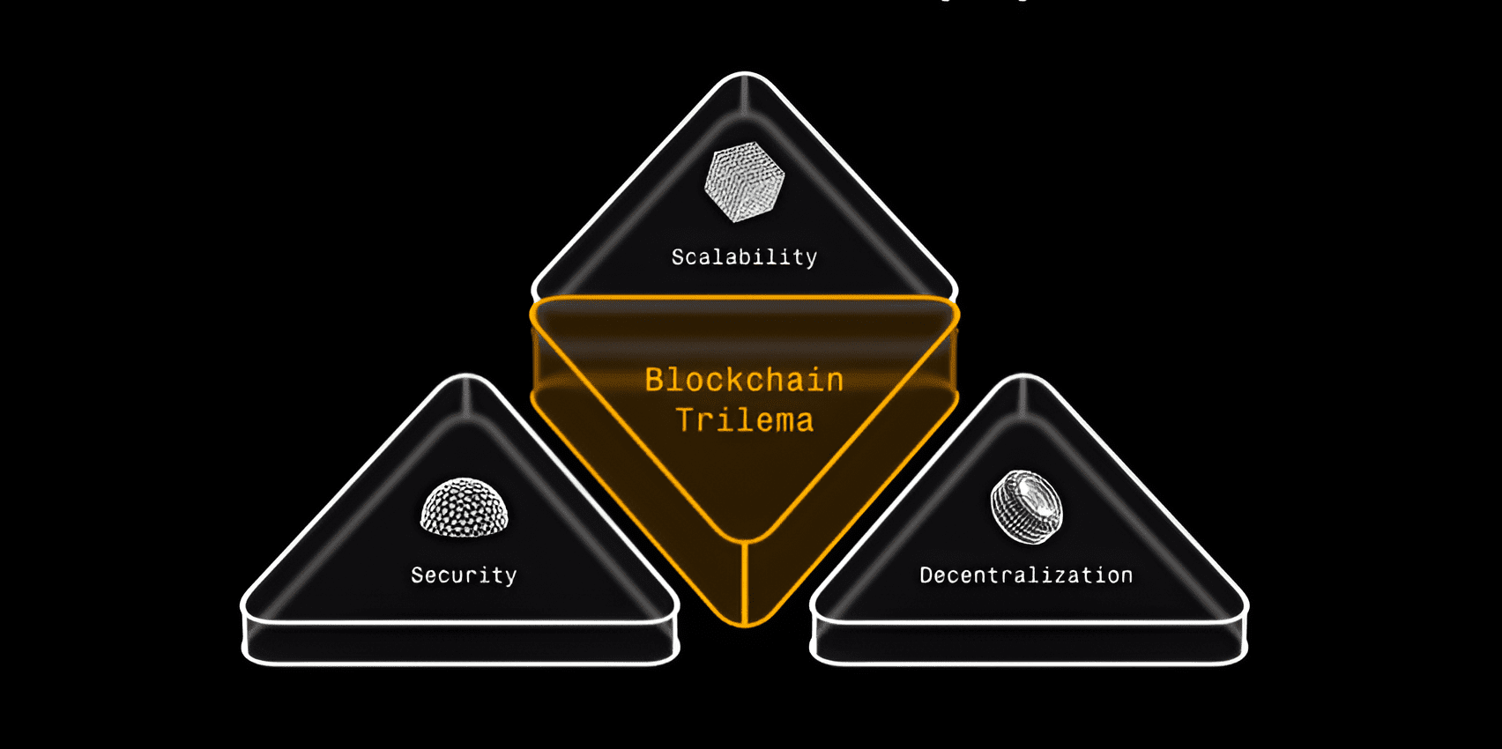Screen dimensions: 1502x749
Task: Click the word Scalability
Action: tap(744, 257)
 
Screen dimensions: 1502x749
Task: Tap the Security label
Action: tap(464, 575)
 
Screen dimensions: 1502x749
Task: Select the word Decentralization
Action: tap(1026, 575)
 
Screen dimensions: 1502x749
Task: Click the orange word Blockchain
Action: tap(744, 380)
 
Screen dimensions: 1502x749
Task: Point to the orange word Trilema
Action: tap(744, 420)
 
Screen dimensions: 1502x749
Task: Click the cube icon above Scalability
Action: tap(744, 182)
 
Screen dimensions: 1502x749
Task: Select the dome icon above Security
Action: tap(465, 508)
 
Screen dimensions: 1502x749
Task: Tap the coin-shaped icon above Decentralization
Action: tap(1026, 507)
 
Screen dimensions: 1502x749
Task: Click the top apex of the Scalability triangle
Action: tap(745, 76)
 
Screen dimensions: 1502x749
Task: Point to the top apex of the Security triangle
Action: tap(466, 378)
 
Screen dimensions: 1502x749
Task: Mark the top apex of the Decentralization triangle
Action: tap(1024, 378)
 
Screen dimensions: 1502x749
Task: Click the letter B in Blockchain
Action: tap(654, 380)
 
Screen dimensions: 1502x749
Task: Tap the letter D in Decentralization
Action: tap(926, 575)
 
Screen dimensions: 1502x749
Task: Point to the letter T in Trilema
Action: tap(686, 420)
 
